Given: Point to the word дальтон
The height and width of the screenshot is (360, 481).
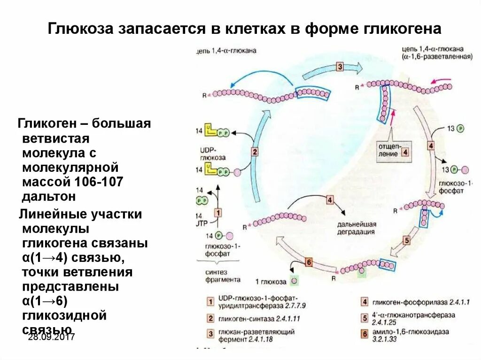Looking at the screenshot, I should [x=48, y=196].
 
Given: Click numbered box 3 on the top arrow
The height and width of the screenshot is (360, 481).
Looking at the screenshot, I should [x=340, y=67].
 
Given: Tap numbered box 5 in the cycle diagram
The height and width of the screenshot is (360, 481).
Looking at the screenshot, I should [x=407, y=241].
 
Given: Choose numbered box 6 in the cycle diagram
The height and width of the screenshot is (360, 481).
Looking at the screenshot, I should [x=309, y=262].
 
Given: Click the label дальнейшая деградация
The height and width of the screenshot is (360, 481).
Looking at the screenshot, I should [x=356, y=227].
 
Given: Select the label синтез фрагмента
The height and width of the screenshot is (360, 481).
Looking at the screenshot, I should [x=223, y=276].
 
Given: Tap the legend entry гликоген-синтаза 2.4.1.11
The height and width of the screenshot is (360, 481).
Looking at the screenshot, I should [x=258, y=319].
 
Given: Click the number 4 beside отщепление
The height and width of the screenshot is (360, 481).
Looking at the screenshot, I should [x=405, y=152].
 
